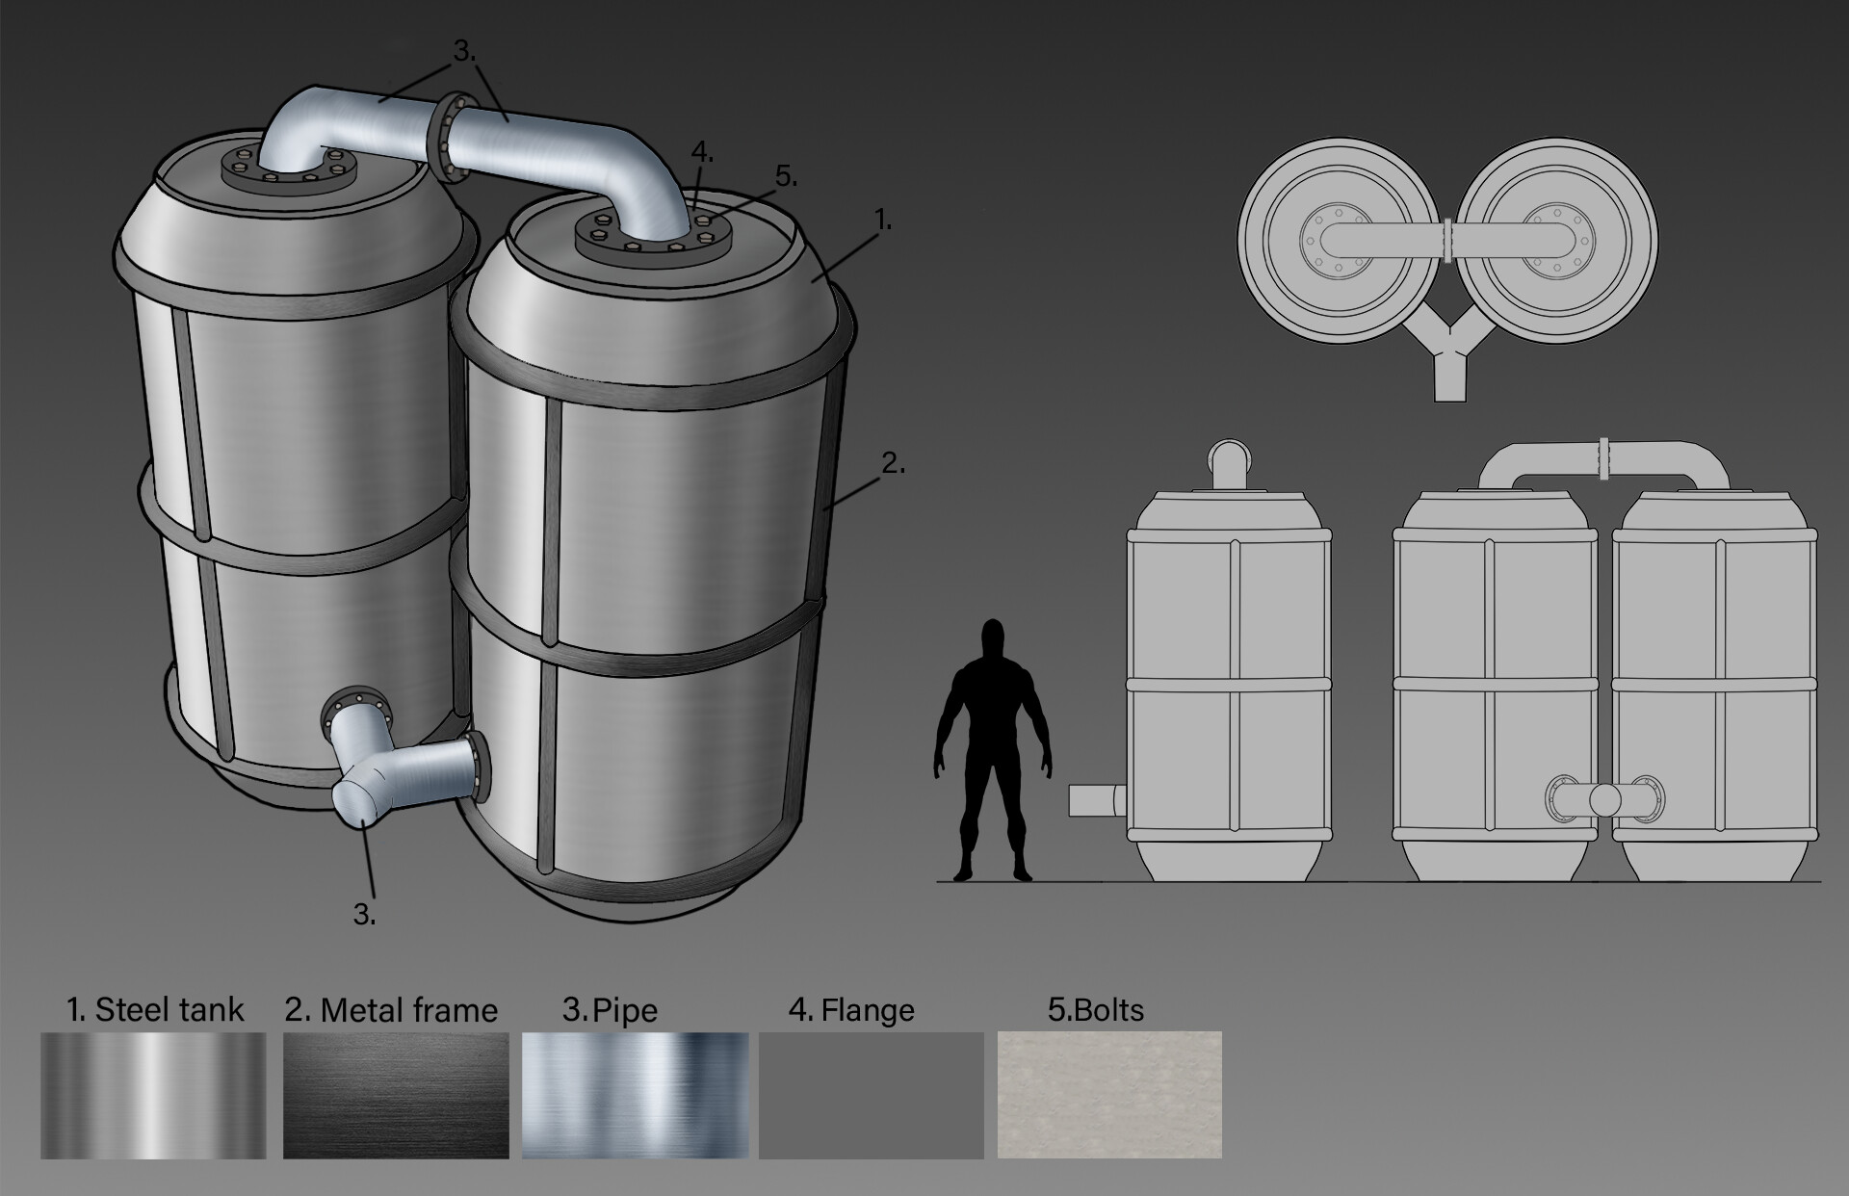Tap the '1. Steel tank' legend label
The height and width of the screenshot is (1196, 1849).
pos(155,1009)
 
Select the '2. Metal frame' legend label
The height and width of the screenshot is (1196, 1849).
pos(391,1010)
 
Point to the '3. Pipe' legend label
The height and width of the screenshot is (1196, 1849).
pos(610,1010)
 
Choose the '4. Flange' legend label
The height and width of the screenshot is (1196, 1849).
pos(851,1010)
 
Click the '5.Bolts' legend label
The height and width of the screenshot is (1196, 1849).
pos(1096,1010)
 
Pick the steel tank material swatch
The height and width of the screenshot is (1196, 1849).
pos(153,1096)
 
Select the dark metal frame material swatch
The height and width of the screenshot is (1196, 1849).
pos(396,1096)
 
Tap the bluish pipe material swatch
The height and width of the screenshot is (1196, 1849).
pos(635,1096)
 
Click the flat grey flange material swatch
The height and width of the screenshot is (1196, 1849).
pos(872,1096)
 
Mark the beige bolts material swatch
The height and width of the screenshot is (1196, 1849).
pos(1109,1096)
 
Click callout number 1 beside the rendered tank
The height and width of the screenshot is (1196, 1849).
pos(883,221)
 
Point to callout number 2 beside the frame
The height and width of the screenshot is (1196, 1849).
pos(894,463)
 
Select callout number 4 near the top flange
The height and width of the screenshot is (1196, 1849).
pos(702,151)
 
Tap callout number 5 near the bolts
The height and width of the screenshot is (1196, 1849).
pos(786,176)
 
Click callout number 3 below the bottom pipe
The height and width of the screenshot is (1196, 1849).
pos(364,914)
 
